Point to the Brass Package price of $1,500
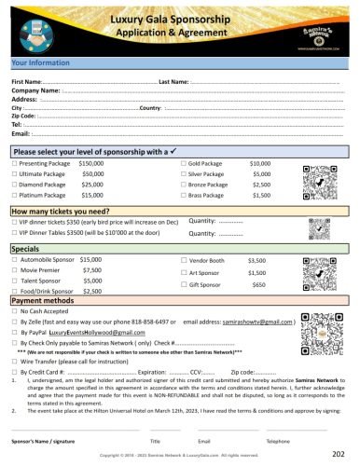pyautogui.click(x=261, y=197)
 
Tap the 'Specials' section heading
pyautogui.click(x=25, y=249)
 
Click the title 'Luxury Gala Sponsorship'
pyautogui.click(x=180, y=19)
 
